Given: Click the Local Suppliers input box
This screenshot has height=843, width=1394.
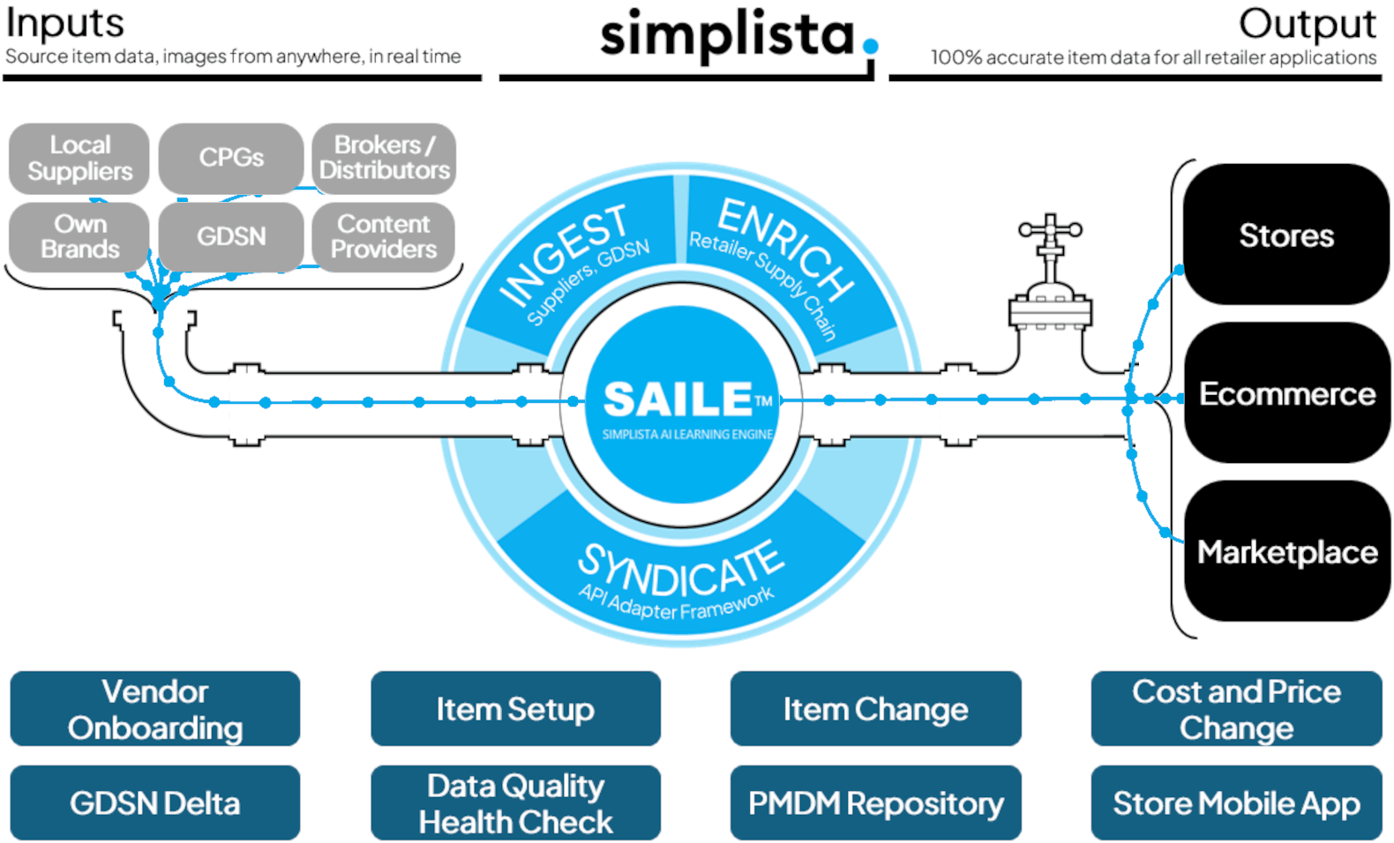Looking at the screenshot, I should [79, 158].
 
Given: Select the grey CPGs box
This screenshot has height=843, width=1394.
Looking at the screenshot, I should [231, 158].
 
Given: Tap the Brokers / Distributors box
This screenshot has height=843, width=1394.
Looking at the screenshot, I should [384, 157].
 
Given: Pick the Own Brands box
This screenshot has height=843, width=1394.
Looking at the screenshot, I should [79, 236].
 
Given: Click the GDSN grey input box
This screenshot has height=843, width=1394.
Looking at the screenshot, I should [231, 236].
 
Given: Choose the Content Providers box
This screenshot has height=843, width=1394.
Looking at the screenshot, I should [384, 236].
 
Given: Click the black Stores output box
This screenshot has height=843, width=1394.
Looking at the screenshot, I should [1285, 235].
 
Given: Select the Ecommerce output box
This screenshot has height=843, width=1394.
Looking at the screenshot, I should [1285, 393].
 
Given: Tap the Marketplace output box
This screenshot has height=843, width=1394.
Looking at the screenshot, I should [1285, 552].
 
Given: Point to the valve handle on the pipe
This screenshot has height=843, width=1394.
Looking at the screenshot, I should [1050, 229].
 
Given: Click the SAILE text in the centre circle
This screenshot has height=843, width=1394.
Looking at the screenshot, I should [678, 399].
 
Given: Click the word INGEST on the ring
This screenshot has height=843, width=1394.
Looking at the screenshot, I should [565, 256].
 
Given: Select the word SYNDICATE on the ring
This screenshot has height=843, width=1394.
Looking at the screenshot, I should [679, 570].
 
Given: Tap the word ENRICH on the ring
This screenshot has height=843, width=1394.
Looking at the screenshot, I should [785, 248].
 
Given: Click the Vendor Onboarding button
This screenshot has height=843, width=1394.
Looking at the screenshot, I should [155, 709].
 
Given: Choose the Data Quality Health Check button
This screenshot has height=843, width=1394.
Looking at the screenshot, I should [515, 803].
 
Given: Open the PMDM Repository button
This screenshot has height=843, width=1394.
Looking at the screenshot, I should [875, 803].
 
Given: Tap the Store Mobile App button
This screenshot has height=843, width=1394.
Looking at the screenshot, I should [1236, 803].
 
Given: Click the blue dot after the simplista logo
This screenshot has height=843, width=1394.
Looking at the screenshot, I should [871, 46].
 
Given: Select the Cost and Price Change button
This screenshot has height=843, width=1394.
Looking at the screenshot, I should [1236, 709].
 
